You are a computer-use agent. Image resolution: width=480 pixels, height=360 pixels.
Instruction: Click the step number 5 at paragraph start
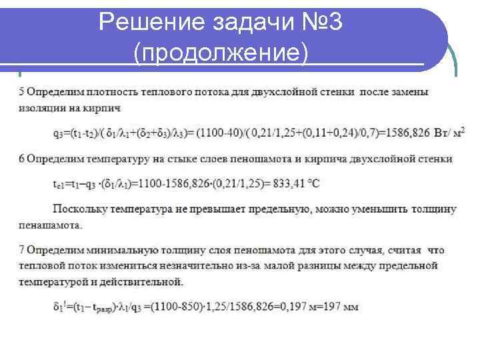tap(22, 92)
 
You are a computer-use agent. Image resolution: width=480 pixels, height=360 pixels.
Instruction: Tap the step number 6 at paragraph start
tap(22, 158)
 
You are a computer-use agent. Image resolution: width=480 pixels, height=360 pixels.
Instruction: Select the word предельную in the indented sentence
tap(277, 209)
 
